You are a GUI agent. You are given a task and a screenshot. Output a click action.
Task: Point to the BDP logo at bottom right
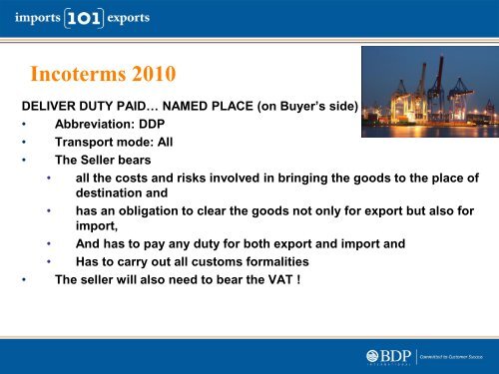pos(384,354)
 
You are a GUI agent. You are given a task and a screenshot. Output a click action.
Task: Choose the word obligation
pos(151,210)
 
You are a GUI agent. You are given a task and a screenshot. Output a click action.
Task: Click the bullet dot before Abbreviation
pos(23,124)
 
